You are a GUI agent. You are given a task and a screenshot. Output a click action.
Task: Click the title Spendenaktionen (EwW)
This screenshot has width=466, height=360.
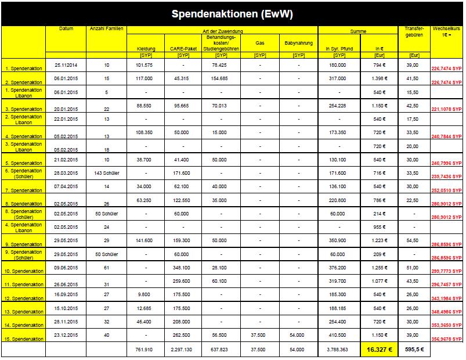tap(233, 13)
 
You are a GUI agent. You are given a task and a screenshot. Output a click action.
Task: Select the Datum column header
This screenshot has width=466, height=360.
tap(66, 29)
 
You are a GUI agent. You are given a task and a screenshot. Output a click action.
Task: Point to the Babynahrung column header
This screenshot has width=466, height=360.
tap(298, 43)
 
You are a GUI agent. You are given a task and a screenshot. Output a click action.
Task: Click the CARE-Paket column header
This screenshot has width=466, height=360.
tap(183, 49)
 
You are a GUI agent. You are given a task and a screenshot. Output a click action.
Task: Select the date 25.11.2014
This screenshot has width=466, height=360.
tap(66, 64)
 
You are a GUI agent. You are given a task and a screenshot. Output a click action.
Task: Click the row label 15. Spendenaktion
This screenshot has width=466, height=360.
tap(24, 339)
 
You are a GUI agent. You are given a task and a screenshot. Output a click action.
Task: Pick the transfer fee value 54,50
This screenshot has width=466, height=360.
tap(411, 240)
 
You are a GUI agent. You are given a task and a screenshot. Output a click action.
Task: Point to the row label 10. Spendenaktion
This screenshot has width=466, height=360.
tap(24, 271)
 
